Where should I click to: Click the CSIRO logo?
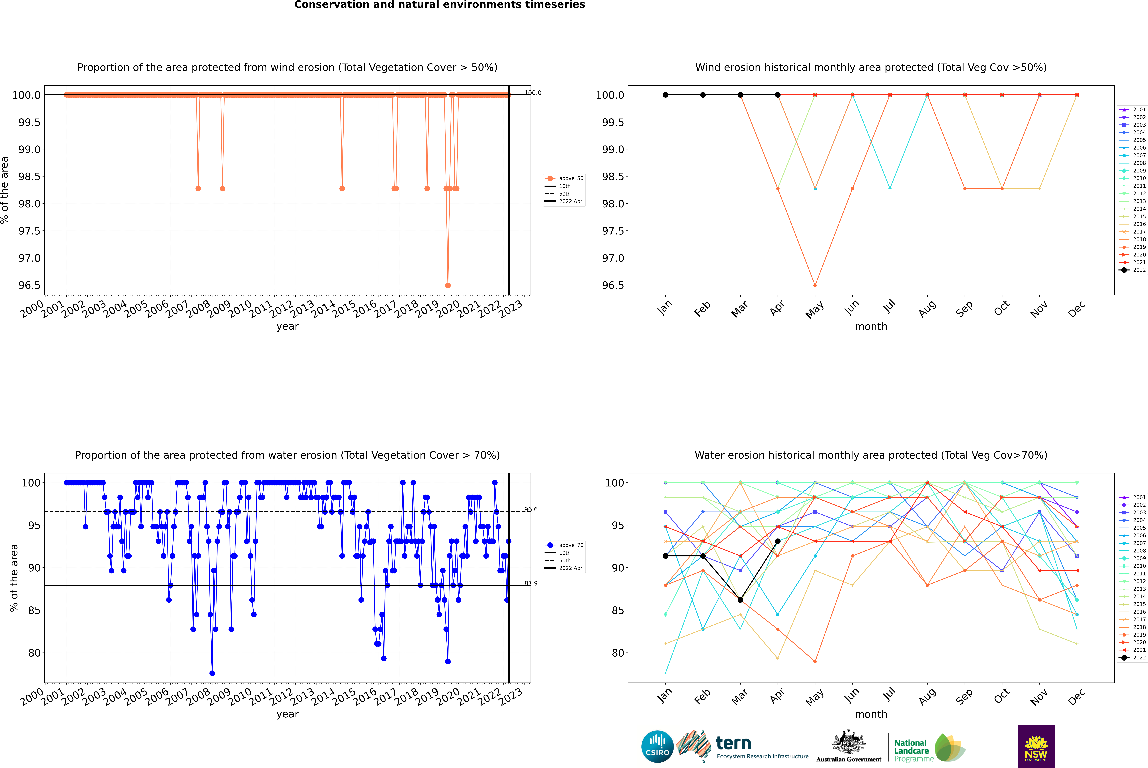[657, 746]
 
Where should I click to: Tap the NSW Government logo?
[1036, 746]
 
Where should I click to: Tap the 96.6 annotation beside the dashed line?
[531, 509]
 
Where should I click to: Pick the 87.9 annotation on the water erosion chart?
[531, 583]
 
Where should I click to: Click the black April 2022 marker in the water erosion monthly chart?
[778, 541]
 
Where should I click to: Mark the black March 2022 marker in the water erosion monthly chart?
[740, 600]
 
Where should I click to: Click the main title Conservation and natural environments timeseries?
[439, 5]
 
